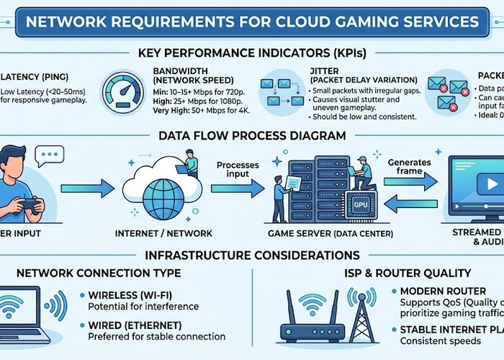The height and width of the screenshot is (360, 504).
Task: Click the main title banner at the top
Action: pos(252,19)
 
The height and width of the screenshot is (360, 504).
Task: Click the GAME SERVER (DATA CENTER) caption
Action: pos(330,233)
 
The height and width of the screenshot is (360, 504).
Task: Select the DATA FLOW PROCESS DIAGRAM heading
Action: pos(252,135)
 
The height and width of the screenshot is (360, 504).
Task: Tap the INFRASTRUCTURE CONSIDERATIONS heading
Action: pos(252,256)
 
